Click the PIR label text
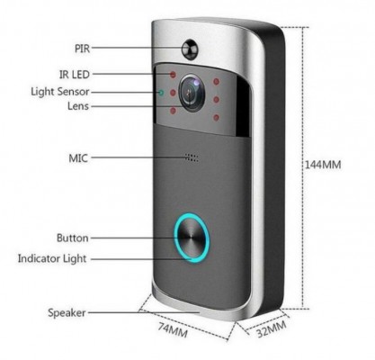click(82, 49)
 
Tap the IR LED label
click(75, 74)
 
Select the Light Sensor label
click(60, 92)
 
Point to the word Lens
click(78, 106)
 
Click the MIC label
click(78, 157)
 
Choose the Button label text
click(73, 238)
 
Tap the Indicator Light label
click(52, 258)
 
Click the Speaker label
click(67, 313)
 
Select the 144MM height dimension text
click(323, 165)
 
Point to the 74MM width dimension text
click(174, 329)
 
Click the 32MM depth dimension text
click(272, 328)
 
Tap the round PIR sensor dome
click(191, 49)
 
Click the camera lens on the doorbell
click(192, 93)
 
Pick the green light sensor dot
click(161, 93)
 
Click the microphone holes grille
click(192, 157)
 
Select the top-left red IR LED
click(173, 75)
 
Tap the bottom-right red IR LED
click(216, 118)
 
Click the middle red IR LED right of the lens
click(216, 99)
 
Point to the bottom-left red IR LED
click(173, 112)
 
